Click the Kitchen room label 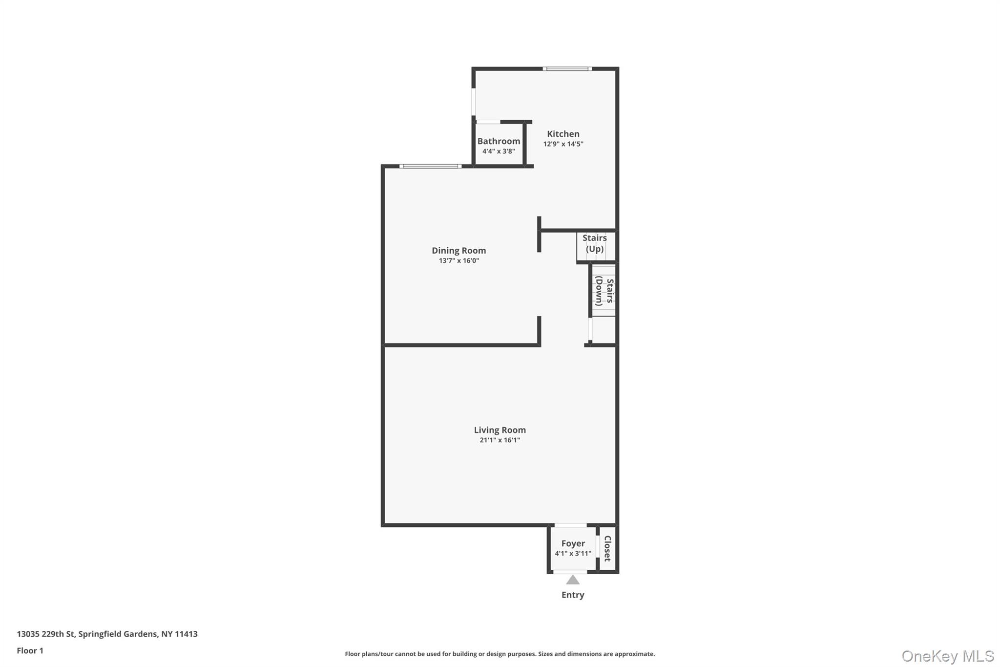(x=563, y=134)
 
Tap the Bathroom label (x=499, y=141)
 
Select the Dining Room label (x=458, y=251)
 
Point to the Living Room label (x=500, y=430)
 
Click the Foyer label (x=573, y=543)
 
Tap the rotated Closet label (x=607, y=548)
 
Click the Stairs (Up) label (x=595, y=243)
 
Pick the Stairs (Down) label (x=604, y=291)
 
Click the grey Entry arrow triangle (x=573, y=580)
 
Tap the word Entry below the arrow (x=573, y=595)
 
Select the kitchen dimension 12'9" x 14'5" (x=563, y=144)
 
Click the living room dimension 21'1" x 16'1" (x=500, y=440)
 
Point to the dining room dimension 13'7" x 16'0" (x=458, y=261)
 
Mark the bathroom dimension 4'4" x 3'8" (x=499, y=151)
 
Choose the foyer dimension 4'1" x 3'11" (x=573, y=554)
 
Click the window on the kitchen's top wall (x=567, y=69)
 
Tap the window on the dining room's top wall (x=430, y=167)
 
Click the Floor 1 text (x=30, y=651)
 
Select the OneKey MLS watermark (x=948, y=656)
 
